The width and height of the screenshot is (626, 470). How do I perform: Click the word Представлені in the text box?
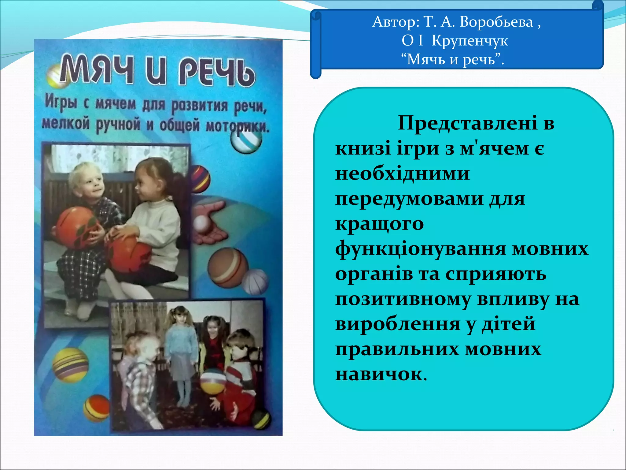pos(467,123)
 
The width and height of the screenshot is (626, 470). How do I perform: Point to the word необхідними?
pos(402,173)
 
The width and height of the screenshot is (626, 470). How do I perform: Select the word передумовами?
pos(409,199)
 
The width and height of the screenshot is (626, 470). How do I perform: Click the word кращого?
pos(379,224)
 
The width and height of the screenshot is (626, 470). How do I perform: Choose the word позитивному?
pos(403,299)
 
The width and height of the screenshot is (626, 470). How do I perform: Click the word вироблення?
pos(397,324)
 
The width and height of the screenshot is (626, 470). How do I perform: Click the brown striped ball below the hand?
pos(228,267)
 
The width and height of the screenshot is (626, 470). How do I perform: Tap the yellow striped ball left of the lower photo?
pos(70,365)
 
